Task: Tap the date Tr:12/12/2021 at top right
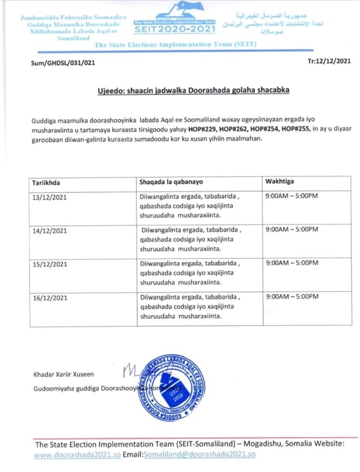pyautogui.click(x=329, y=61)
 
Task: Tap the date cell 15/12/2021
pyautogui.click(x=50, y=264)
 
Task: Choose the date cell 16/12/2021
pyautogui.click(x=50, y=298)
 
